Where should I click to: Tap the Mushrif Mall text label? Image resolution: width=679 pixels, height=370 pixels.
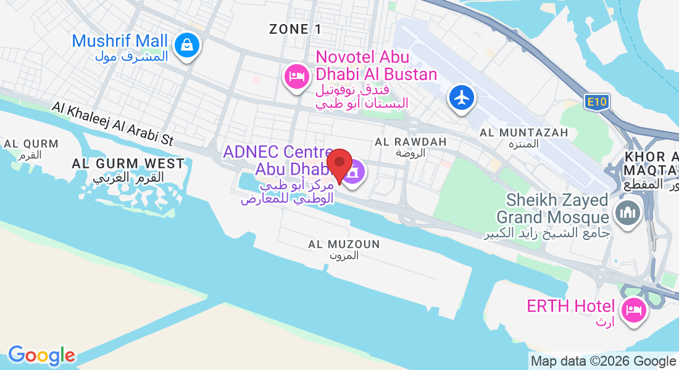[120, 41]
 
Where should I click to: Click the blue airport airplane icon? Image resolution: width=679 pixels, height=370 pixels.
[462, 97]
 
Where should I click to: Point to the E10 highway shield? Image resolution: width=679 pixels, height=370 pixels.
[596, 102]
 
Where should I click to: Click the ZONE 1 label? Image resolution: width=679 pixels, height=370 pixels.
[296, 29]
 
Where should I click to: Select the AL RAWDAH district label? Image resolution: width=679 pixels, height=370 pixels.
[410, 142]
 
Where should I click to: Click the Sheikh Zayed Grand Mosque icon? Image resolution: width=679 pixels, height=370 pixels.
[628, 213]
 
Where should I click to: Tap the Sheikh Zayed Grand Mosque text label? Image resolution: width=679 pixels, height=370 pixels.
[552, 208]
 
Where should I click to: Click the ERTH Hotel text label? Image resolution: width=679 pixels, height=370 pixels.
[570, 306]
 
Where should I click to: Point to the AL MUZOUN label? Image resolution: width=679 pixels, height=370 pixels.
[344, 245]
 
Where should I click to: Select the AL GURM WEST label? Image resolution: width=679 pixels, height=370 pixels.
[128, 163]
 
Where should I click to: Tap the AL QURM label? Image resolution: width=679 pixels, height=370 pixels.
[31, 144]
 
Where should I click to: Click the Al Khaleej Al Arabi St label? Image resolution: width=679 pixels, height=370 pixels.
[113, 124]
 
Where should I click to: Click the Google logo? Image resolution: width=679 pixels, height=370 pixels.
[41, 355]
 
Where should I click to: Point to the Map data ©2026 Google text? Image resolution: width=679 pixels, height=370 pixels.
[604, 361]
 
